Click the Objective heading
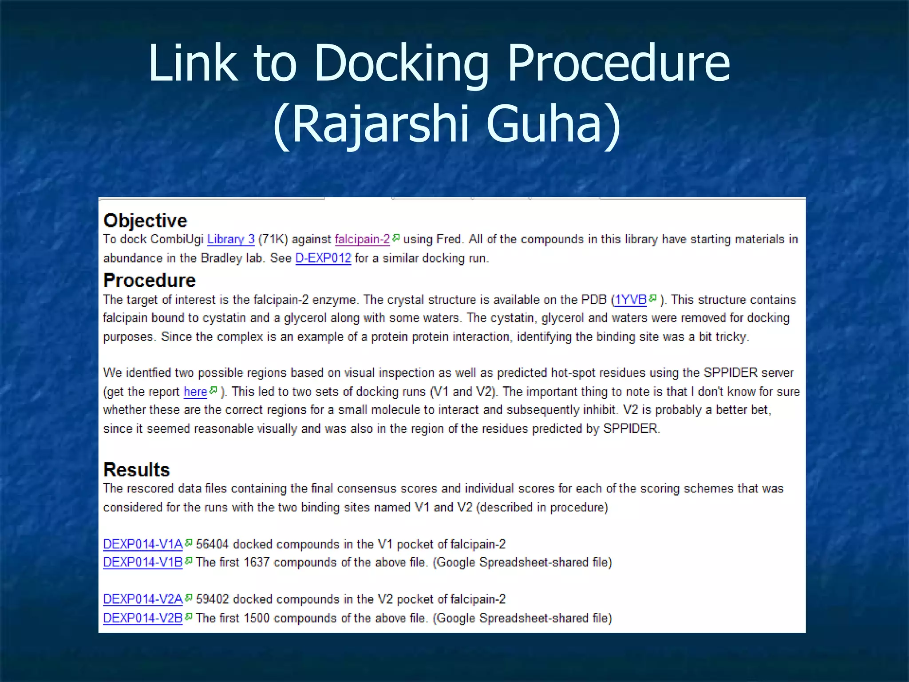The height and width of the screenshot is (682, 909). (145, 221)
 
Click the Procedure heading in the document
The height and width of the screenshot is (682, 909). (149, 280)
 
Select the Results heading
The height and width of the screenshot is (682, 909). (136, 469)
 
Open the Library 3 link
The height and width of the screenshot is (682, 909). (231, 239)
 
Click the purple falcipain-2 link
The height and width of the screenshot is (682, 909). (362, 239)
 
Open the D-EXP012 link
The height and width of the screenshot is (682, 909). (323, 258)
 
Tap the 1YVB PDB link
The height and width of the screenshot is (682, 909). (630, 300)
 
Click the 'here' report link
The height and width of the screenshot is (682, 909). (195, 392)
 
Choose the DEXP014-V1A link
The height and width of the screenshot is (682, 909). (142, 544)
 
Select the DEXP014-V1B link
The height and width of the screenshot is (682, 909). (142, 562)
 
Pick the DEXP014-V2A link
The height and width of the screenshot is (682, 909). (142, 599)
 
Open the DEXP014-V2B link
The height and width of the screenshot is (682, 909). (142, 618)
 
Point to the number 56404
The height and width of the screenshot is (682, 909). (212, 544)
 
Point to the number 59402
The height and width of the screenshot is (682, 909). (212, 599)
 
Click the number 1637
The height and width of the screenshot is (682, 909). (257, 562)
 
